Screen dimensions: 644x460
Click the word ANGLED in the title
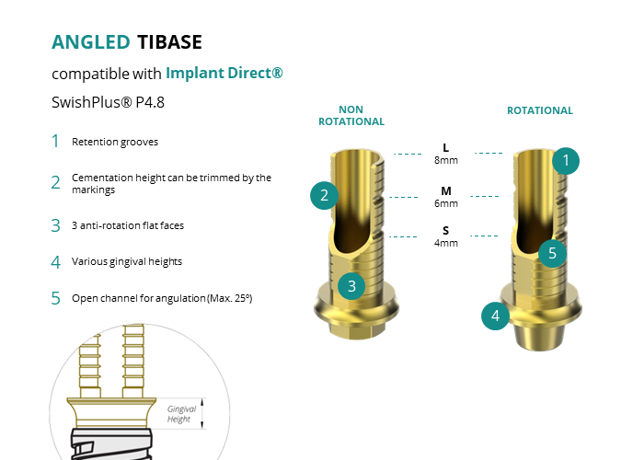[x=91, y=42]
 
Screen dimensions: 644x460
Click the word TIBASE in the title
[x=169, y=42]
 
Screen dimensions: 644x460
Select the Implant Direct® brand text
[x=224, y=73]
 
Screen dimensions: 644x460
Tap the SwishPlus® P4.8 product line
[x=108, y=102]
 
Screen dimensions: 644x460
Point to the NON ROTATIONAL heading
[x=351, y=115]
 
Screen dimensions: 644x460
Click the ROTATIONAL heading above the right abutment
[x=540, y=110]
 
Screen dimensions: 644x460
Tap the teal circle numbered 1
[x=566, y=161]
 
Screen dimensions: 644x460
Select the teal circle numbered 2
[x=324, y=195]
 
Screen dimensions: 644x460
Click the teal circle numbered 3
[x=351, y=286]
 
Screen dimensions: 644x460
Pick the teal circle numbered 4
[x=495, y=316]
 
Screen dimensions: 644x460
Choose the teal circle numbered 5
[x=552, y=253]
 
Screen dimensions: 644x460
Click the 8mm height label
[x=446, y=160]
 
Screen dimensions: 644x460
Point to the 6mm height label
[x=446, y=203]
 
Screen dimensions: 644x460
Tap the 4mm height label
[x=446, y=243]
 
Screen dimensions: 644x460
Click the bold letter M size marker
[x=446, y=191]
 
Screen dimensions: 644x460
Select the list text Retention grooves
[x=115, y=142]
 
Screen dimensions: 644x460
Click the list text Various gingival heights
[x=127, y=261]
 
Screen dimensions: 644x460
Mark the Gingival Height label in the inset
[x=181, y=414]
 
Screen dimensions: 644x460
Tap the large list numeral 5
[x=55, y=298]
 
